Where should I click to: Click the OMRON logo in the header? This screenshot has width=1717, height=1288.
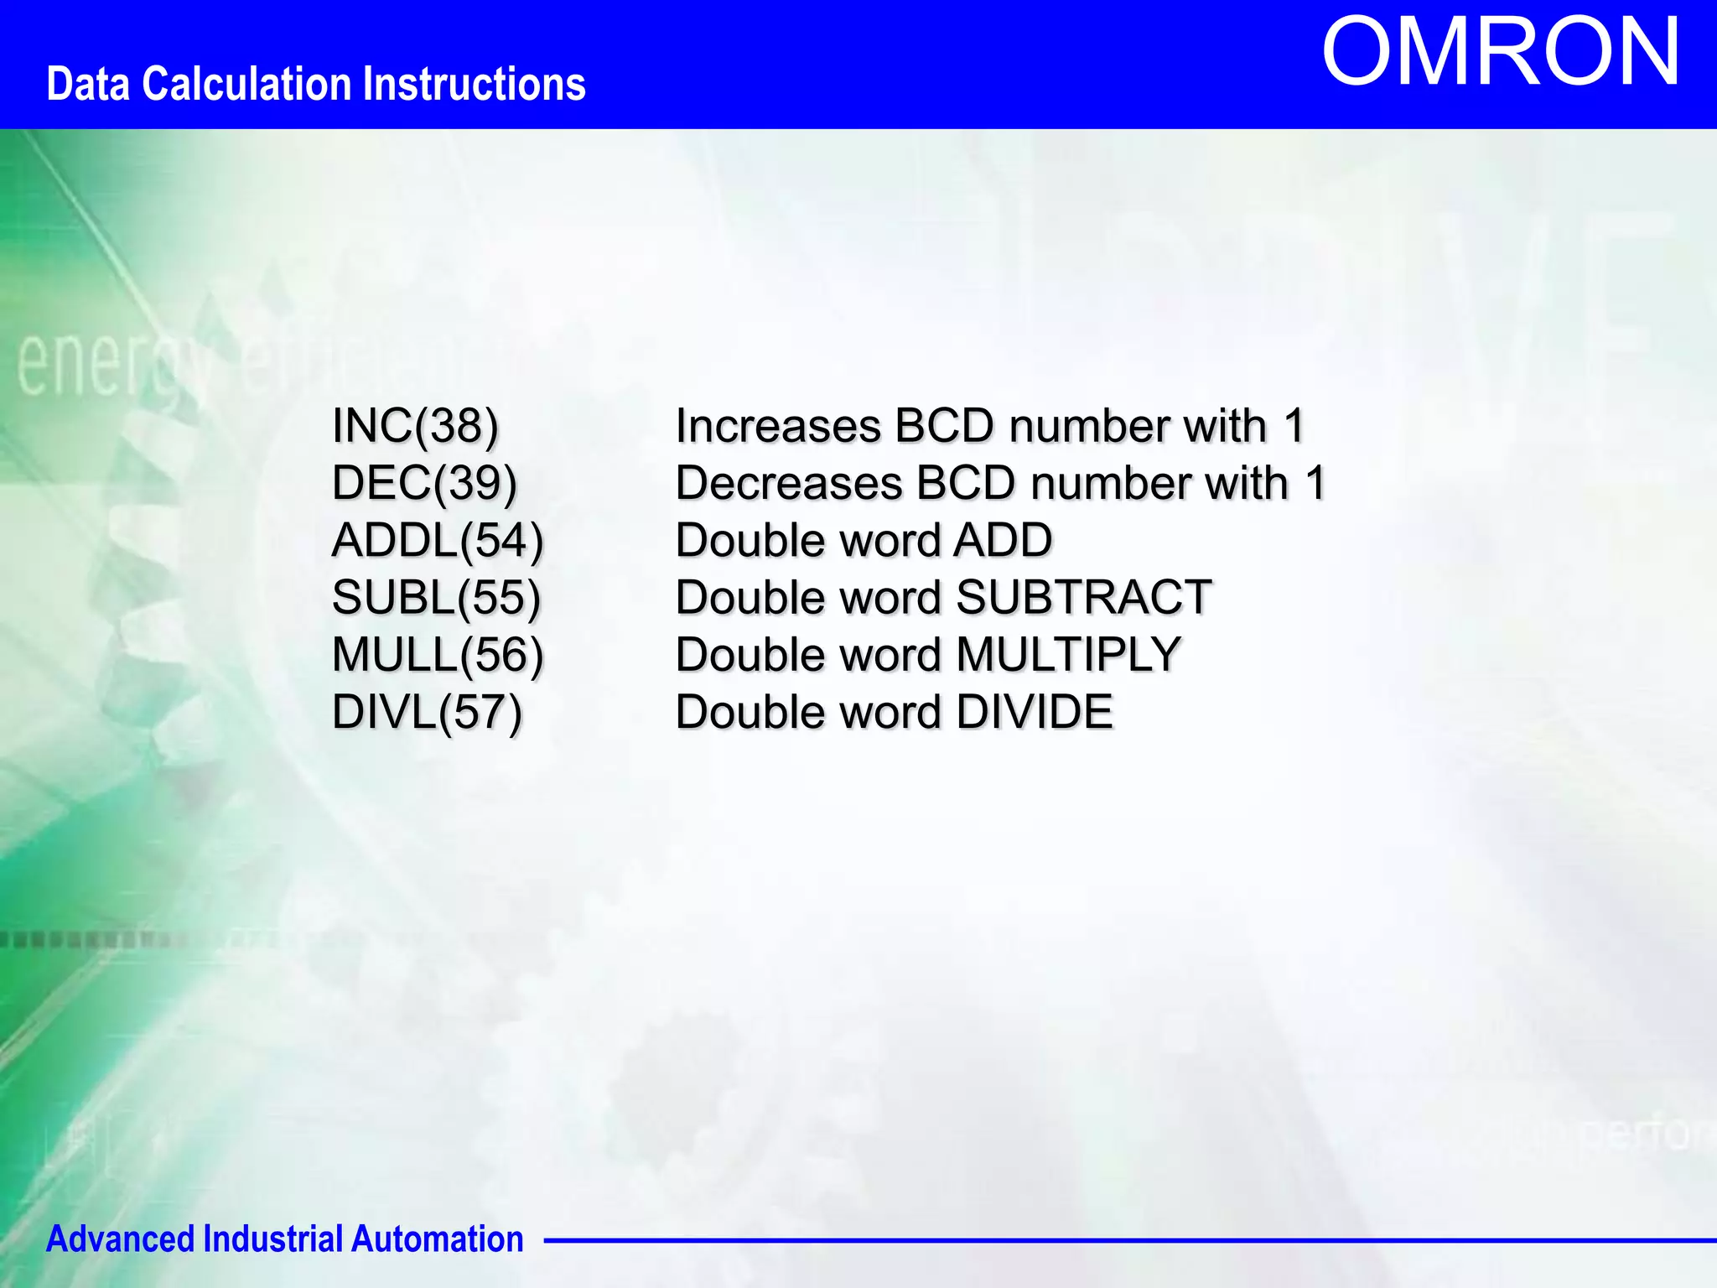[1501, 52]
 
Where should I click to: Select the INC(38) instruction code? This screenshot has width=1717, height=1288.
[415, 426]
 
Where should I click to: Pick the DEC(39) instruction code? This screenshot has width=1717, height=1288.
[424, 483]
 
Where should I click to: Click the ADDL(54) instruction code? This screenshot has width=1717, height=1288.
[438, 540]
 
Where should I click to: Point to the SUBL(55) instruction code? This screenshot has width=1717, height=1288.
[436, 598]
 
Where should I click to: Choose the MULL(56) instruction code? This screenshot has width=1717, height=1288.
[438, 655]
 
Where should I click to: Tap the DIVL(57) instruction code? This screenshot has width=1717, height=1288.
[427, 712]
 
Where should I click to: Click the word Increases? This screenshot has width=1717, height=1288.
[778, 426]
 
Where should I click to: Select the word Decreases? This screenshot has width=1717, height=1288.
[789, 483]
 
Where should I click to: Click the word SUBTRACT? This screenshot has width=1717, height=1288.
[1083, 598]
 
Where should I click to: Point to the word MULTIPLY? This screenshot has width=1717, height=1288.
[1068, 655]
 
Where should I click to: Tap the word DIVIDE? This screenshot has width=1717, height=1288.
[1034, 712]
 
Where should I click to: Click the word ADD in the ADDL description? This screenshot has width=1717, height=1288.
[1003, 540]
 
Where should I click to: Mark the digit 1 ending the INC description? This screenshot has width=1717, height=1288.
[1295, 426]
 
